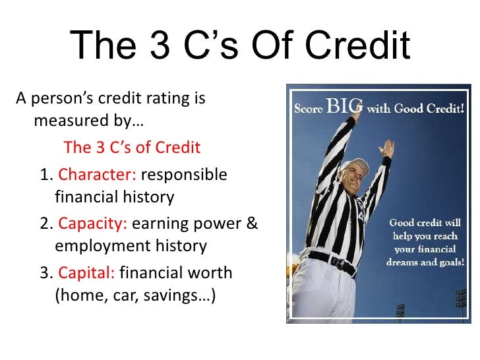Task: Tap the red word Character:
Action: [97, 175]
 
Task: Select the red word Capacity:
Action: [93, 224]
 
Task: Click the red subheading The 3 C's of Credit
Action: [132, 146]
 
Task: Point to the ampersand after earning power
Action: [251, 224]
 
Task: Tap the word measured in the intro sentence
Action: [69, 123]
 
